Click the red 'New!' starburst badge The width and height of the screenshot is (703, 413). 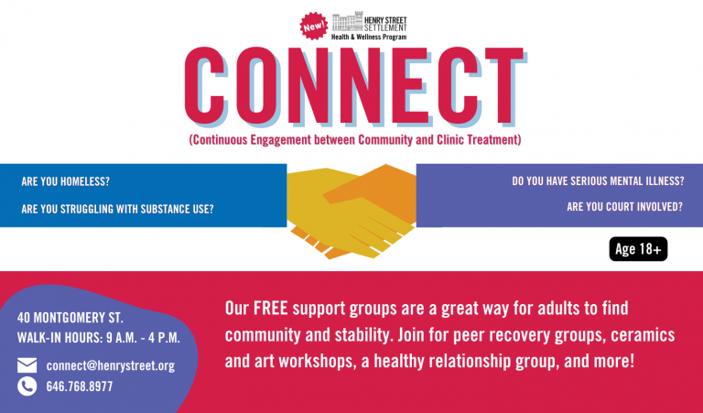coord(313,26)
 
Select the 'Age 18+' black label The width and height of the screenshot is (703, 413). coord(638,249)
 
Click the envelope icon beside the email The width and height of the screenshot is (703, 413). coord(27,365)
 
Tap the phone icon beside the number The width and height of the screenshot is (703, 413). coord(27,386)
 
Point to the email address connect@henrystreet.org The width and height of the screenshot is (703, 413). coord(110,366)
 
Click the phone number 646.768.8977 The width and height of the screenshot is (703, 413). coord(80,386)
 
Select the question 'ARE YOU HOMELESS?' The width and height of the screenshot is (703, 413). coord(66,181)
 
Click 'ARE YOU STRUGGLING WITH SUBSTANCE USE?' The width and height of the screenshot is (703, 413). coord(117,209)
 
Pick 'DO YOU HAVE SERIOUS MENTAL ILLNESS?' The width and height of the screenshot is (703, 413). coord(598,181)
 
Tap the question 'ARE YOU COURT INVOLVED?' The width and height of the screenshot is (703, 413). coord(624,207)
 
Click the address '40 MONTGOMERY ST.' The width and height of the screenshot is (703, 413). coord(70,318)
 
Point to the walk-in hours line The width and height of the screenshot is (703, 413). coord(99,338)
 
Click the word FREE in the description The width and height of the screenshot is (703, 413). coord(270,309)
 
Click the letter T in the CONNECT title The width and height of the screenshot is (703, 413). coord(504,85)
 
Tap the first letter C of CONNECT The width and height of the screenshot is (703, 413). coord(204,85)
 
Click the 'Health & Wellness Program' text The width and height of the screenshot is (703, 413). coord(369,38)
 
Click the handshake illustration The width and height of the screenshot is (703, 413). coord(351,212)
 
